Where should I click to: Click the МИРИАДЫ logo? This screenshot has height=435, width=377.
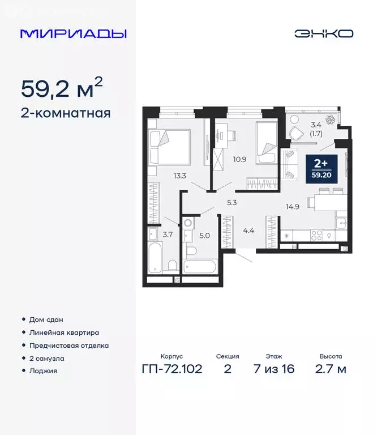(x=73, y=33)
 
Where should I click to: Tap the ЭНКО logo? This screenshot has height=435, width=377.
(x=323, y=33)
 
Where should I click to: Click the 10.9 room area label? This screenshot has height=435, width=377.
(x=240, y=159)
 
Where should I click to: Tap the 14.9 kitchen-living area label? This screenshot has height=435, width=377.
(x=293, y=206)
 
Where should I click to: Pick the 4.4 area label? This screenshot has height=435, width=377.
(x=249, y=230)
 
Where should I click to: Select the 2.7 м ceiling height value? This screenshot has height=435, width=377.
(x=330, y=370)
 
